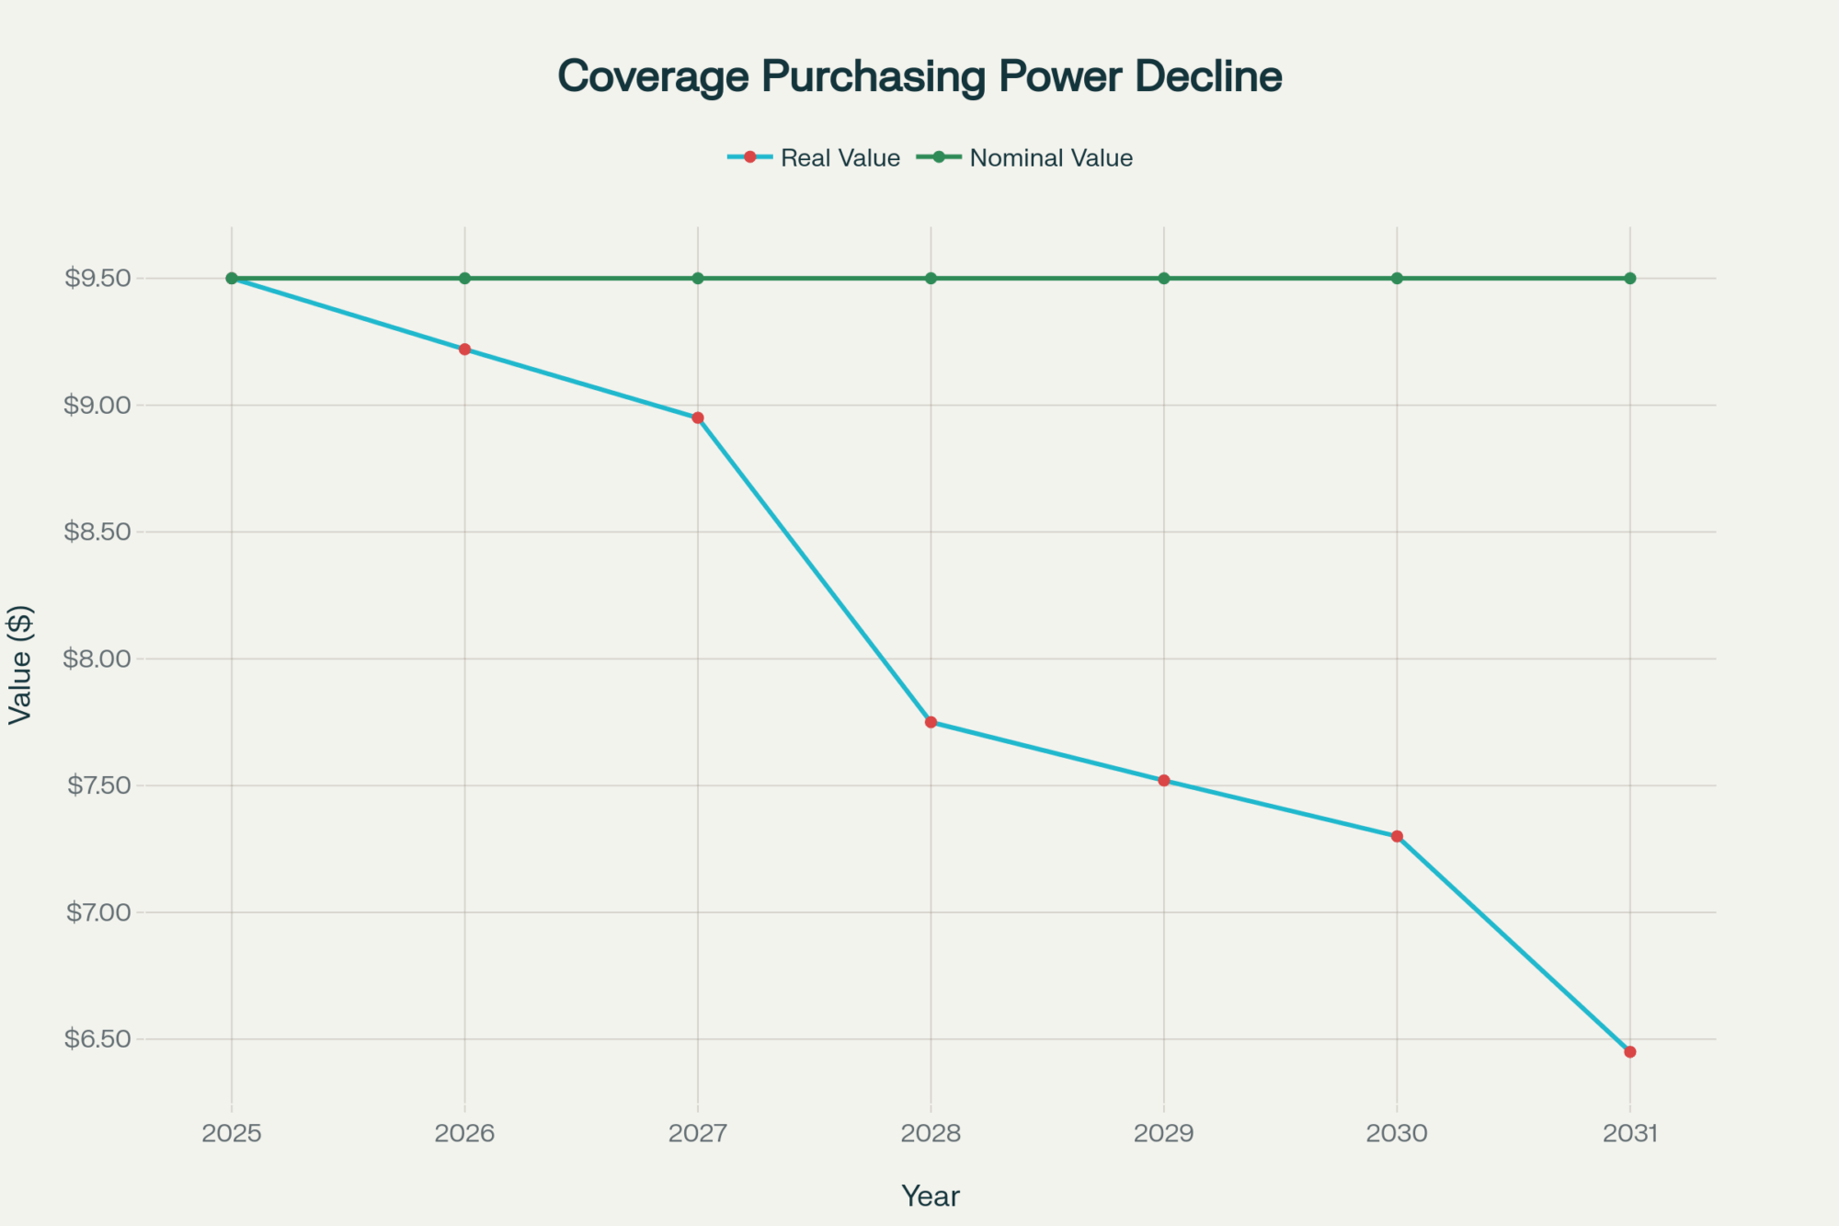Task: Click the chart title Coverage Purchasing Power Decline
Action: (x=919, y=76)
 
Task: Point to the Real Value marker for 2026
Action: (x=464, y=349)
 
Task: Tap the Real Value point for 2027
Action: (x=698, y=418)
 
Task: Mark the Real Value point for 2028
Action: (x=931, y=722)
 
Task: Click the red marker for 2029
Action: (x=1164, y=781)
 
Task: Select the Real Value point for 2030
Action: (x=1397, y=836)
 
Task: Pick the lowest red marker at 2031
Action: (x=1630, y=1051)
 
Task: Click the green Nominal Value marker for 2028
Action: (x=931, y=278)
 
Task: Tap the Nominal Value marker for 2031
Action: (x=1630, y=278)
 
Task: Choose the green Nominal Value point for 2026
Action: (x=464, y=278)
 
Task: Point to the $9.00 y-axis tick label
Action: (x=97, y=405)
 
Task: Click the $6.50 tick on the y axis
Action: (x=97, y=1039)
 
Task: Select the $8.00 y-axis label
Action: (x=97, y=659)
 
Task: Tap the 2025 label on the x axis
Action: (x=232, y=1133)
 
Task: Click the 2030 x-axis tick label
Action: (x=1397, y=1133)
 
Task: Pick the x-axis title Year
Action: (x=931, y=1196)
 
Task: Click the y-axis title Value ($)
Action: (x=20, y=664)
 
